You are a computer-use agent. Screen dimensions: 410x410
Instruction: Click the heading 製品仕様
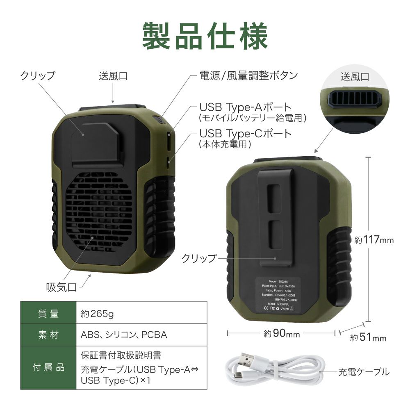[205, 36]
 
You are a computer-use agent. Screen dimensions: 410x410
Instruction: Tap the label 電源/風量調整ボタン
[248, 75]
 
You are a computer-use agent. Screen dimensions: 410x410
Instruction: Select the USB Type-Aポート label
[245, 107]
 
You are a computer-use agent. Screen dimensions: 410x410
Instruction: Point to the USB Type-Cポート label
[245, 134]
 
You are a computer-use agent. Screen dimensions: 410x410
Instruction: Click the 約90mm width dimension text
[282, 334]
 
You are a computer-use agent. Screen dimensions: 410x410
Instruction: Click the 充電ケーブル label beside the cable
[363, 372]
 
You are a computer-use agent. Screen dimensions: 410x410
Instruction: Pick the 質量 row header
[48, 314]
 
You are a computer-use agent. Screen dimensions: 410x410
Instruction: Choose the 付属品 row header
[48, 367]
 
